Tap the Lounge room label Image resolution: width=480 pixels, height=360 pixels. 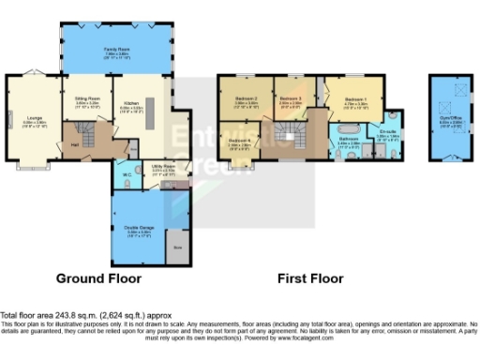(x=31, y=120)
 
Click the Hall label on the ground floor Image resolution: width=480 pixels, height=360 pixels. (x=75, y=144)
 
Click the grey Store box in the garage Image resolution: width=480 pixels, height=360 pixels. (x=177, y=247)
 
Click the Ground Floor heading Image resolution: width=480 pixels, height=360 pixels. (x=98, y=278)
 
